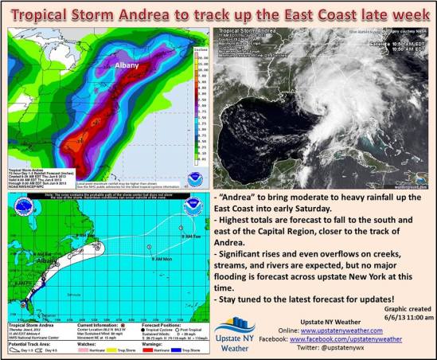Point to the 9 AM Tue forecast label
(192, 237)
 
